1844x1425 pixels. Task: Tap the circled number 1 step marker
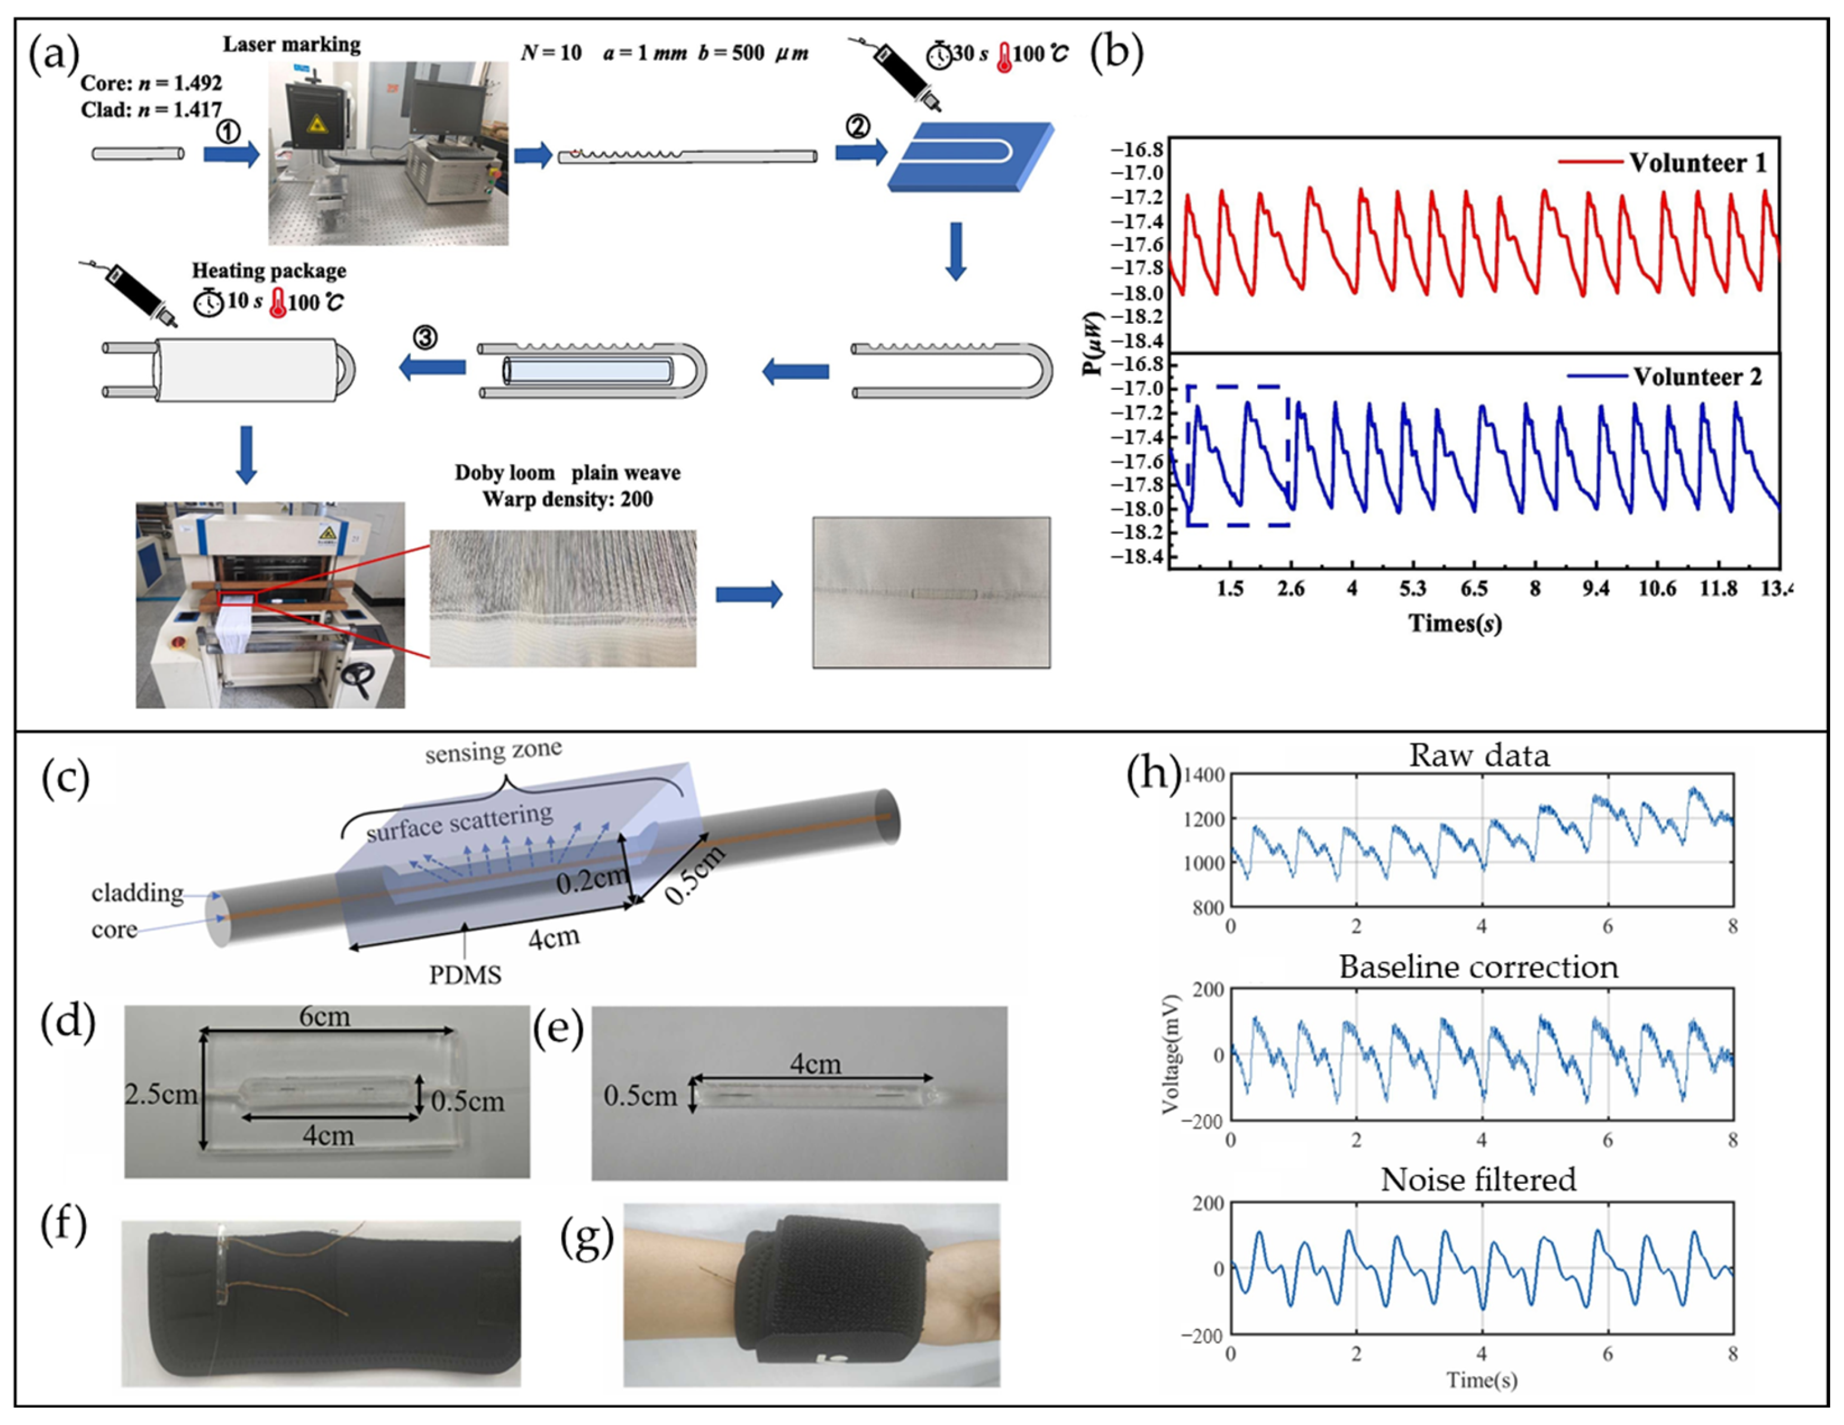[228, 131]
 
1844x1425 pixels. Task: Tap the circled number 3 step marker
[425, 337]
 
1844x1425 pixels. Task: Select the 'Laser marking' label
[291, 44]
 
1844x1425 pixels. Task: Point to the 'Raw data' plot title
[1479, 755]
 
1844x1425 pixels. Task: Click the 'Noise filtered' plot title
[1479, 1180]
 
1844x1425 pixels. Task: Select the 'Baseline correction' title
[1479, 966]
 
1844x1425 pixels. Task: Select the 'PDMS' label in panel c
[465, 975]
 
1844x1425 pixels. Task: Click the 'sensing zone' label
[493, 751]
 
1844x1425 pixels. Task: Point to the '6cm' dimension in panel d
[325, 1017]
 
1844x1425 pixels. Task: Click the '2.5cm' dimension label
[161, 1095]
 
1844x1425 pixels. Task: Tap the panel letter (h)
[1153, 772]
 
